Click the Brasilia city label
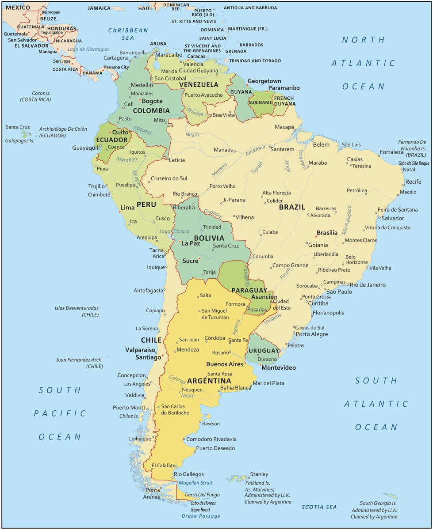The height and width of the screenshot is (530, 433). click(x=327, y=233)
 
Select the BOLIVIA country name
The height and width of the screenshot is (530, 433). click(x=209, y=238)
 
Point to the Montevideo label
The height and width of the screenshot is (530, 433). click(x=278, y=367)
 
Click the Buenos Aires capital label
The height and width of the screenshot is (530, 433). click(x=225, y=364)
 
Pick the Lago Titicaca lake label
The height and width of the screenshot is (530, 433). click(x=174, y=231)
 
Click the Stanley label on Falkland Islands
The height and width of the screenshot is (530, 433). click(x=259, y=474)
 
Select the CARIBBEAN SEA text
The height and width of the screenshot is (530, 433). click(x=128, y=34)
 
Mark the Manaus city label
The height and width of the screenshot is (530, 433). click(x=223, y=150)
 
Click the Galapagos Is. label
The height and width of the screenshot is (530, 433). click(x=19, y=140)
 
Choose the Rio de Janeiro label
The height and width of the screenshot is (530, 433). click(x=368, y=285)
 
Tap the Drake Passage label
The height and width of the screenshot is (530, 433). click(x=201, y=516)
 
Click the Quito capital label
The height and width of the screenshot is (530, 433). click(x=120, y=132)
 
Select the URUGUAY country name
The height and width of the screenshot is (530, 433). click(x=264, y=351)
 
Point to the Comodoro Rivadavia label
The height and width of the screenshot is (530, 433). click(x=211, y=439)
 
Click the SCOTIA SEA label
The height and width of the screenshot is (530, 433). click(x=319, y=507)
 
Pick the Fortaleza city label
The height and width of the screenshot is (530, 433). click(x=391, y=152)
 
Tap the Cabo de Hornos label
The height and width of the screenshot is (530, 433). click(x=205, y=503)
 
